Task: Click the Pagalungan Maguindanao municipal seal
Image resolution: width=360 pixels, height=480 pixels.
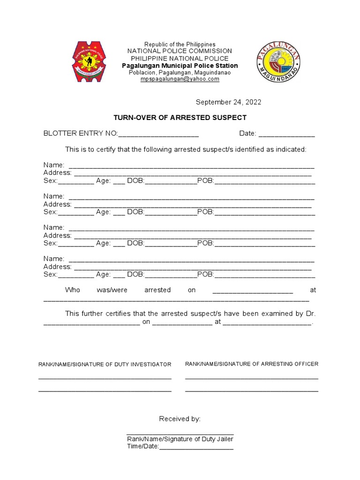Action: tap(279, 62)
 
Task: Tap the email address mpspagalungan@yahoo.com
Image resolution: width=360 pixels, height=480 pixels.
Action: tap(180, 79)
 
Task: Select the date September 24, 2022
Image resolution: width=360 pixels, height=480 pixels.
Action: tap(228, 102)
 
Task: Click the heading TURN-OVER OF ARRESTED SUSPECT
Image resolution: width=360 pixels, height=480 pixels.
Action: tap(180, 118)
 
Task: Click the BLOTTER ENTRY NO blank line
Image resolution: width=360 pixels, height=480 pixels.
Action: tap(158, 135)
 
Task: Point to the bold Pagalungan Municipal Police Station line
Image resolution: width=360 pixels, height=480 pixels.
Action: tap(180, 66)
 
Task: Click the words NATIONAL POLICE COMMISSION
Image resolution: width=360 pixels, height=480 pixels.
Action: tap(180, 51)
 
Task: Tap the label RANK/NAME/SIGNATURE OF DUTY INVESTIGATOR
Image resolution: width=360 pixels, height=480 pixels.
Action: tap(105, 364)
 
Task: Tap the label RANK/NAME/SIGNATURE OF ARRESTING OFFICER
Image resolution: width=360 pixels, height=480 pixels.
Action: tap(252, 364)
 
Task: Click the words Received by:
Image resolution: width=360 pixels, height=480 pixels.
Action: tap(180, 419)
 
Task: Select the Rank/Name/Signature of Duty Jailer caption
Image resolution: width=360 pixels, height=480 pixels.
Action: tap(180, 439)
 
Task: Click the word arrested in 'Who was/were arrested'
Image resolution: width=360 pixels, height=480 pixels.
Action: tap(157, 290)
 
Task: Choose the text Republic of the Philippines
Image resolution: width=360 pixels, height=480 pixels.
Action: tap(180, 44)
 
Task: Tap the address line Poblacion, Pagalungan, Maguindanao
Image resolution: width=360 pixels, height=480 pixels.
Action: tap(180, 73)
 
